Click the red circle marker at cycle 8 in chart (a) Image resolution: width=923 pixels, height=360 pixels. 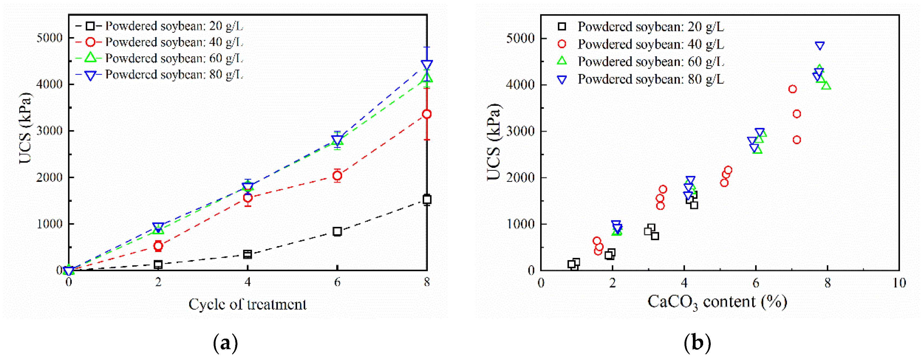[x=426, y=114]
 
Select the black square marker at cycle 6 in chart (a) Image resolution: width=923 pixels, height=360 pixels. [x=337, y=231]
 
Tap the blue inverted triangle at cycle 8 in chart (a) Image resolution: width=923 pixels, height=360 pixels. [x=427, y=65]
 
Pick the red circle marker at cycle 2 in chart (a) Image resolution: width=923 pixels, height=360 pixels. [x=158, y=246]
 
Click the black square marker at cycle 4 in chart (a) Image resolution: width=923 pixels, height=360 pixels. [x=247, y=255]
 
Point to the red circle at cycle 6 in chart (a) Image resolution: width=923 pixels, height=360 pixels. [x=337, y=175]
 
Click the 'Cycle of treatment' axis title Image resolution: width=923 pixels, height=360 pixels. [x=247, y=305]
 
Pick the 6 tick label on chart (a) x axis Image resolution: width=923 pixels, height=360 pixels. [x=337, y=283]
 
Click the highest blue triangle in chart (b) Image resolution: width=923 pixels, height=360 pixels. [x=820, y=45]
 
